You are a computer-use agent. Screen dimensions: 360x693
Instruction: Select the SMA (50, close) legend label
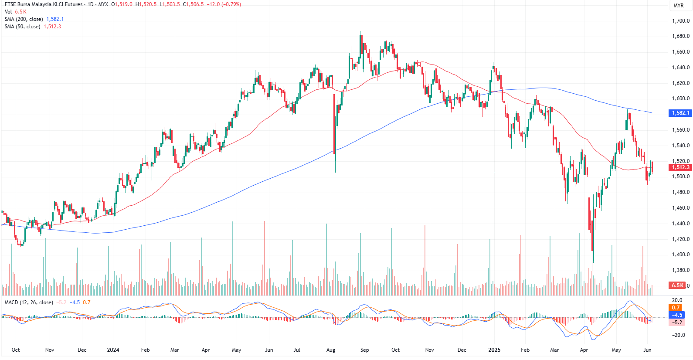click(23, 27)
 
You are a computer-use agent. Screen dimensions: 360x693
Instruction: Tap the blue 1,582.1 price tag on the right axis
click(680, 113)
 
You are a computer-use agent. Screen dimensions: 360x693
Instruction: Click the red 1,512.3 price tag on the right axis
click(680, 167)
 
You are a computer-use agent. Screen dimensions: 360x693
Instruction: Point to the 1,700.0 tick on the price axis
click(681, 21)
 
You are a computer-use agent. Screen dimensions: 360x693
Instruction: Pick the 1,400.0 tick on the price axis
click(681, 255)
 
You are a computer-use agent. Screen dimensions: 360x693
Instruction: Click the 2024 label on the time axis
click(113, 350)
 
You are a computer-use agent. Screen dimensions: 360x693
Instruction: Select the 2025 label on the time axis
click(494, 350)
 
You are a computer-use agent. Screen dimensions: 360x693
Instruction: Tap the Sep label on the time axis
click(364, 350)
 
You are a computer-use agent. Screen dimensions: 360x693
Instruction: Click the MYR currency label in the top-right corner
click(679, 6)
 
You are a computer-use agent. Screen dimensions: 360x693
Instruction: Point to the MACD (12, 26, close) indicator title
click(29, 302)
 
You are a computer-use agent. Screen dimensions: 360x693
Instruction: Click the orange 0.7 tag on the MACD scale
click(676, 308)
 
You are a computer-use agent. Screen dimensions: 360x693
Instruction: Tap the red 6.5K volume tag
click(677, 285)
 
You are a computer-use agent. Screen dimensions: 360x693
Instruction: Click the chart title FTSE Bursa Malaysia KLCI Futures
click(44, 4)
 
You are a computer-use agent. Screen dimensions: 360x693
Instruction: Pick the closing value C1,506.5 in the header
click(193, 4)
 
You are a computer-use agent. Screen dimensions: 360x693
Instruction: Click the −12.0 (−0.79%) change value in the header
click(224, 4)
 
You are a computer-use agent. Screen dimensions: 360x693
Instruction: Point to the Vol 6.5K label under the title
click(15, 12)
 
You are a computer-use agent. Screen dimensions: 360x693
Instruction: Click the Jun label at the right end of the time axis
click(647, 350)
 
